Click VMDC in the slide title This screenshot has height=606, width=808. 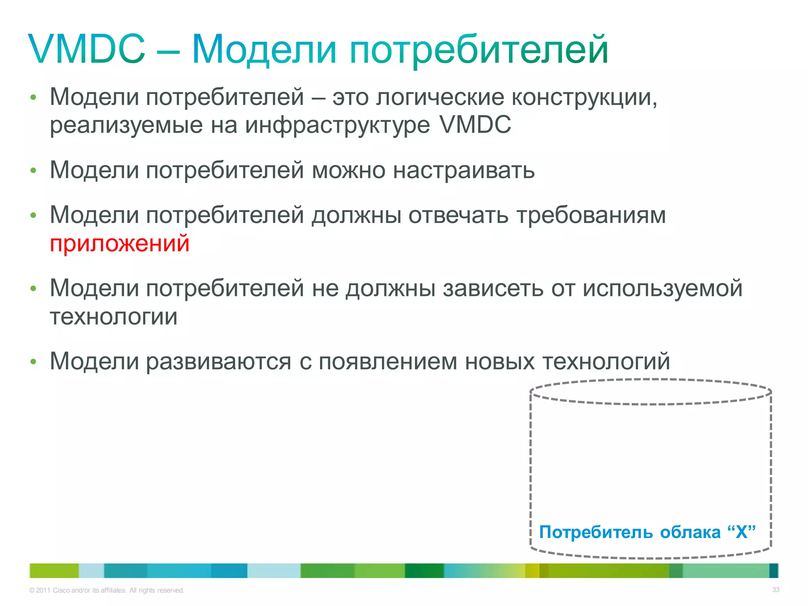tap(87, 49)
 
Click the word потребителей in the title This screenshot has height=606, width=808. tap(479, 50)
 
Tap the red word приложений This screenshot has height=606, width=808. tap(120, 243)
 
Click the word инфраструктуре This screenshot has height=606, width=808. tap(337, 125)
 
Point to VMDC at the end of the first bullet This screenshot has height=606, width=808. tap(475, 125)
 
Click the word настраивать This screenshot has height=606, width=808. tap(464, 170)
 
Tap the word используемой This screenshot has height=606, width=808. tap(662, 288)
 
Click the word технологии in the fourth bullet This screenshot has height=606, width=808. tap(114, 317)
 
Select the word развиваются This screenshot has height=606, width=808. tap(219, 361)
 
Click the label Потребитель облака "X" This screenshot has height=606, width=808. tap(647, 532)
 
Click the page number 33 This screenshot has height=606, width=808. tap(776, 590)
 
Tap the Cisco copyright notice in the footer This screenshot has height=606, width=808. tap(107, 590)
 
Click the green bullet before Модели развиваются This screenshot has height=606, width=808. tap(34, 362)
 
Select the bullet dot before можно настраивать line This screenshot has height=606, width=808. tap(34, 171)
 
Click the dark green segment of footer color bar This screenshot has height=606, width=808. tap(424, 570)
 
